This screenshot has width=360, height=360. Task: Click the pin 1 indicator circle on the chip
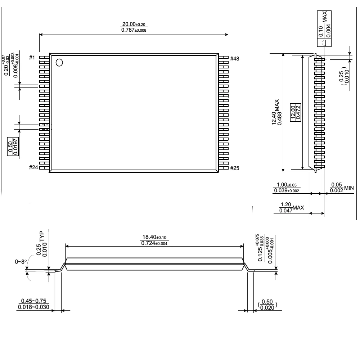pos(59,62)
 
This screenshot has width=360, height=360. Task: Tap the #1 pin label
pos(32,57)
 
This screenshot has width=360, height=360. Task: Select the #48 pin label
pos(235,59)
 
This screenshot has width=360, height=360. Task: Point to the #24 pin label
pos(33,167)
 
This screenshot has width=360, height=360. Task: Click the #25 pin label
pos(235,168)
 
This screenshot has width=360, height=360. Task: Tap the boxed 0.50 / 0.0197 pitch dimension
pos(13,147)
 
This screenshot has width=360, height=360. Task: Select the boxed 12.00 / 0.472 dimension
pos(296,112)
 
